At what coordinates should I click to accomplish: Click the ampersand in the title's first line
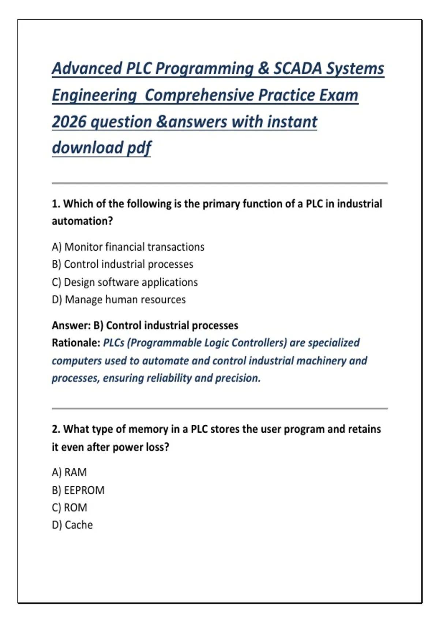point(263,68)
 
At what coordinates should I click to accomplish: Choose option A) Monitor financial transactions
point(128,247)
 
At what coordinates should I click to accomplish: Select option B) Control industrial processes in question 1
point(123,264)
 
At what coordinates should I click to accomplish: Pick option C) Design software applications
point(125,282)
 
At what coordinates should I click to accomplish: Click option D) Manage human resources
point(119,300)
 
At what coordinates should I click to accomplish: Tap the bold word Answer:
point(71,325)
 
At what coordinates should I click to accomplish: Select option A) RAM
point(70,472)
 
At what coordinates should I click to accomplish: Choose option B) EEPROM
point(78,490)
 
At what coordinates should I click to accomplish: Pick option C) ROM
point(70,507)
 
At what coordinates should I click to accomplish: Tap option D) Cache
point(72,525)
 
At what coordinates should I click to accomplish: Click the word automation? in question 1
point(82,221)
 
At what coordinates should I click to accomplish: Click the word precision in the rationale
point(237,378)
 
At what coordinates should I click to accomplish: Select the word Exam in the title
point(339,95)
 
